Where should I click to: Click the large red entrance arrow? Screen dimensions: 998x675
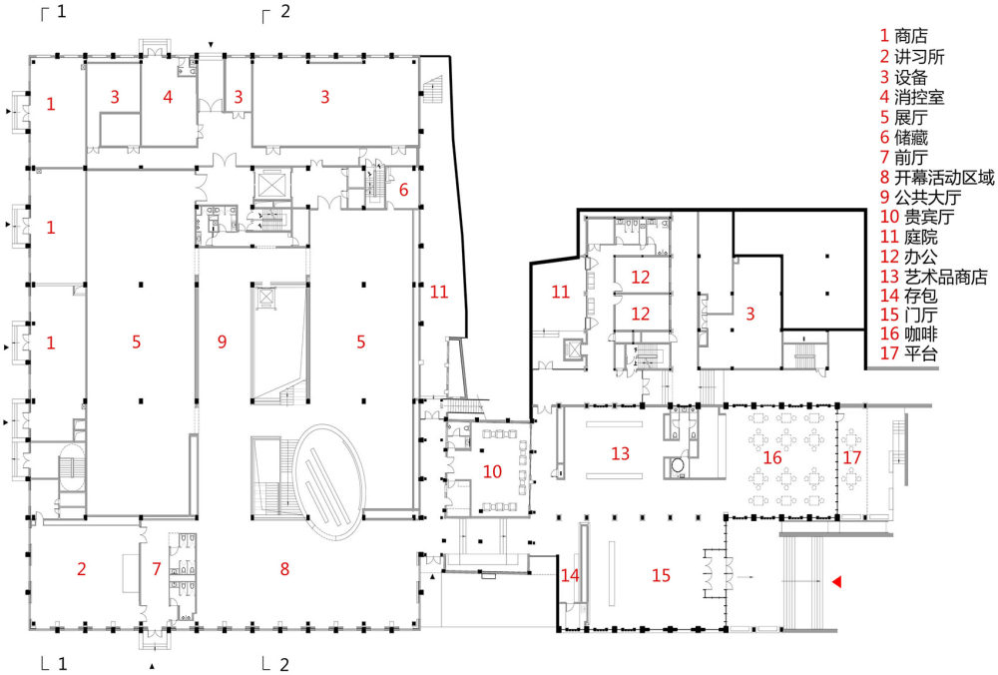click(837, 581)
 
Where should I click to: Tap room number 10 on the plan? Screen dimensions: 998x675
click(492, 472)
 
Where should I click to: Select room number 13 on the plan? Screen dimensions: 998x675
click(620, 453)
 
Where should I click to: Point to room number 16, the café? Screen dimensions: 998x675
click(772, 457)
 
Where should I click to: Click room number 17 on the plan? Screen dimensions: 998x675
click(851, 457)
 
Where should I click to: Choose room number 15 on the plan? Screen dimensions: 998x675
click(661, 576)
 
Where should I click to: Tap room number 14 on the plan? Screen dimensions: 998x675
click(570, 576)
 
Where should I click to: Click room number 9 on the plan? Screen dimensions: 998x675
click(222, 341)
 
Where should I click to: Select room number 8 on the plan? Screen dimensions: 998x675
click(284, 568)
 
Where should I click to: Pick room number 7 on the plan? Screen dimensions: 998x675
click(157, 568)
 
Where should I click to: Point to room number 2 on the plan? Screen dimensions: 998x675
click(81, 568)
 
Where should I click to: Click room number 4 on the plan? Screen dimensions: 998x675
click(168, 97)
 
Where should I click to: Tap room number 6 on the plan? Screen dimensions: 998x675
click(403, 190)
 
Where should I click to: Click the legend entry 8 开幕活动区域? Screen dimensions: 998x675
click(937, 177)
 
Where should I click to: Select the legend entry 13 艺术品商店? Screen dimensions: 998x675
click(934, 277)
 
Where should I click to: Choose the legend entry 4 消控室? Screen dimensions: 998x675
click(912, 98)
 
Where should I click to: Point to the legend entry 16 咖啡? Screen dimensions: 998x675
click(909, 334)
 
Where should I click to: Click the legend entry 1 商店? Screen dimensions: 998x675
click(904, 36)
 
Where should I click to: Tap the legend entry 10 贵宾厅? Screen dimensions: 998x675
click(917, 217)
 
